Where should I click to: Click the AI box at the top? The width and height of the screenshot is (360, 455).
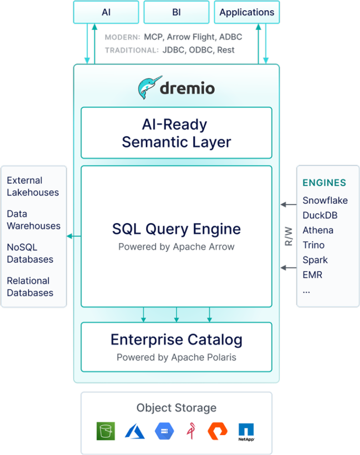tap(106, 12)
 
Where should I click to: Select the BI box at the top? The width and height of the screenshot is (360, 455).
tap(176, 12)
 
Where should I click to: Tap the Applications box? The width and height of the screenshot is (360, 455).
tap(247, 12)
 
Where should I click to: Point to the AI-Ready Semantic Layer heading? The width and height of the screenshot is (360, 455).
tap(176, 133)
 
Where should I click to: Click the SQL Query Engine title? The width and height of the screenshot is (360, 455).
tap(176, 229)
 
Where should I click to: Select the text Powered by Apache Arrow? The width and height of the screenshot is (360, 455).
tap(176, 247)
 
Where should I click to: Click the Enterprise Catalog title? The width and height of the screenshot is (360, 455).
tap(176, 340)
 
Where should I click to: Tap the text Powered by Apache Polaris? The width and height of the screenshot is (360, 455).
tap(176, 357)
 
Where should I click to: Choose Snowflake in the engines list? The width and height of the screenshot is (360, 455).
tap(325, 201)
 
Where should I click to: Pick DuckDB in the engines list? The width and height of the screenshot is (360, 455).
tap(320, 215)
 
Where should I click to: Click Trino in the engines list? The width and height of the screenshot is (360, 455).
tap(314, 245)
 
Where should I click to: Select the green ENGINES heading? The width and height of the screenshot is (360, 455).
tap(324, 183)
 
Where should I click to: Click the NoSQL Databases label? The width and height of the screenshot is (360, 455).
tap(29, 253)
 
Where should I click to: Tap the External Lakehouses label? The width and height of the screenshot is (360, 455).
tap(33, 186)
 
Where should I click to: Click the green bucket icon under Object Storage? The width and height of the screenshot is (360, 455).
tap(106, 431)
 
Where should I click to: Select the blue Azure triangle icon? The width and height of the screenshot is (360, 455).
tap(135, 431)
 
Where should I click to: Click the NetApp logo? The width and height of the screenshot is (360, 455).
tap(246, 432)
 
